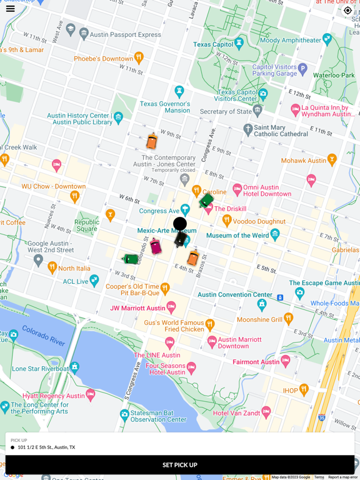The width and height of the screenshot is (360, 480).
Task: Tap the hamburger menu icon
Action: point(11,9)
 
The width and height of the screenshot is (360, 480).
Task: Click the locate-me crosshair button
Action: point(348,10)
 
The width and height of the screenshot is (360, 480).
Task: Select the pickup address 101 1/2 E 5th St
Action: point(46,447)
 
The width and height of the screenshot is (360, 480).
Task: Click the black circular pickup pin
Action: point(180,224)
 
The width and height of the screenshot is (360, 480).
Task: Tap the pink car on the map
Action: point(156,246)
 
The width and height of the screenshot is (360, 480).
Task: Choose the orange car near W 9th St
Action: point(152,141)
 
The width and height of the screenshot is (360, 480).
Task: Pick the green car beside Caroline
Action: point(206,201)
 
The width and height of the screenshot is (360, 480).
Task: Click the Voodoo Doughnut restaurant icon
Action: point(227,220)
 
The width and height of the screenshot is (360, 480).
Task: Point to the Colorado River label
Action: point(43,335)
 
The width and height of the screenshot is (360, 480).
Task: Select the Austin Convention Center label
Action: point(235,294)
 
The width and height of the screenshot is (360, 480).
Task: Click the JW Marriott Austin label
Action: point(137,308)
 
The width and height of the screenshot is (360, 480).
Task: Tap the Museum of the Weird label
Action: point(237,236)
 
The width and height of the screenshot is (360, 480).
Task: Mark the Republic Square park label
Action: point(87,226)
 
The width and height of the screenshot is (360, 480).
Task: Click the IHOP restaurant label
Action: point(290,391)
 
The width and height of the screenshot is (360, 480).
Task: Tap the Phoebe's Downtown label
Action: point(103,59)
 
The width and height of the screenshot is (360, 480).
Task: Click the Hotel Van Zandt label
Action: point(237,413)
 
